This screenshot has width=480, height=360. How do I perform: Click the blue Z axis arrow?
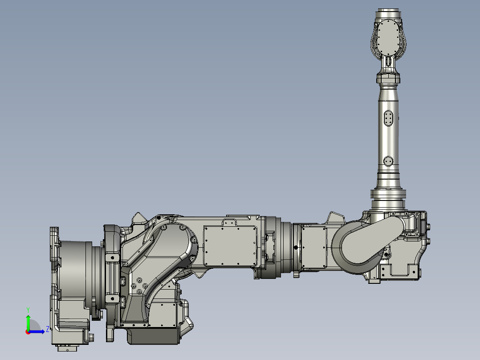pyautogui.click(x=37, y=331)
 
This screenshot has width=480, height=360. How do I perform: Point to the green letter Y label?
pyautogui.click(x=28, y=309)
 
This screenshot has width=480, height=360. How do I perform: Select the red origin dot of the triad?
pyautogui.click(x=28, y=332)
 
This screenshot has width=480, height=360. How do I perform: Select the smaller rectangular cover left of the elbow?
pyautogui.click(x=314, y=246)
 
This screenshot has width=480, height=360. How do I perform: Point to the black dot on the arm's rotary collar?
pyautogui.click(x=296, y=247)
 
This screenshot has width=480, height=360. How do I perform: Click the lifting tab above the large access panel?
pyautogui.click(x=230, y=222)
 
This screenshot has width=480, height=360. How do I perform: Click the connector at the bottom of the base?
pyautogui.click(x=67, y=349)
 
